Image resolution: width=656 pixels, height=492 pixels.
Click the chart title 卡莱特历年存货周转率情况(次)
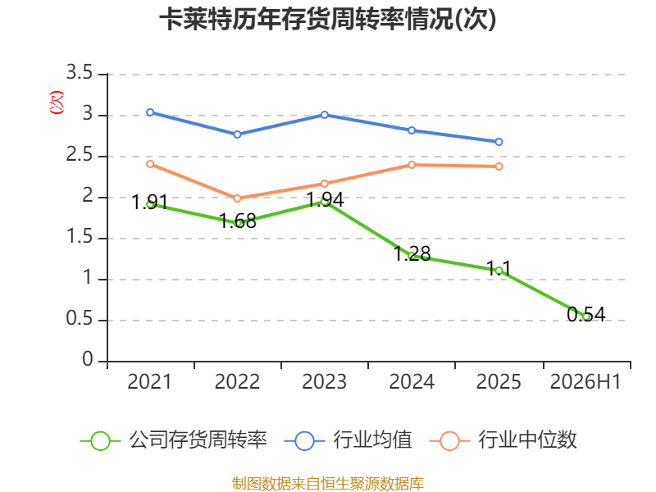pos(327,20)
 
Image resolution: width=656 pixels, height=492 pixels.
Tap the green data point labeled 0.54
pos(586,317)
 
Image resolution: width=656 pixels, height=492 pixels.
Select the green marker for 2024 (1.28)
pos(412,256)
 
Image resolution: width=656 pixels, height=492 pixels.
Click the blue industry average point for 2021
pos(150,112)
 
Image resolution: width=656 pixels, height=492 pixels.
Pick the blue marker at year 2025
pos(499,142)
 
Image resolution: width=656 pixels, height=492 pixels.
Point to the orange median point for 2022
pos(237,198)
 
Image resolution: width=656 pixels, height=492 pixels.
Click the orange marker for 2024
pos(412,165)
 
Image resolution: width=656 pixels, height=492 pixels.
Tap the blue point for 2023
pos(324,115)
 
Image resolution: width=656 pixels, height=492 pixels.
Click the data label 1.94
pos(325,199)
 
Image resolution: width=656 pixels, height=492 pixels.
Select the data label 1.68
pos(238,221)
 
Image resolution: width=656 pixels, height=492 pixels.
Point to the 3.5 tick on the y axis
pos(79,73)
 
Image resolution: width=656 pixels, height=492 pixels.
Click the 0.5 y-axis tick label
pos(79,319)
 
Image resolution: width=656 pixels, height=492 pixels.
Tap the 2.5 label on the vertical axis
pos(79,155)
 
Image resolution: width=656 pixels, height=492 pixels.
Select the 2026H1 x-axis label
pos(585,382)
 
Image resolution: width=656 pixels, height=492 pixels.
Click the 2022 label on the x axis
pos(237,382)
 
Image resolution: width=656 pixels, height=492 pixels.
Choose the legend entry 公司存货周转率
pos(173,440)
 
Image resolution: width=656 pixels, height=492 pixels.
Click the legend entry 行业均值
pos(348,440)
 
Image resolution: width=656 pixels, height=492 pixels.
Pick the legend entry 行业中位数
pos(503,440)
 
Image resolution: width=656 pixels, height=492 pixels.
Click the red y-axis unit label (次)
pos(57,102)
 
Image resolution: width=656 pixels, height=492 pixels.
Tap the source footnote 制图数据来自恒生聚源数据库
pos(328,484)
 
